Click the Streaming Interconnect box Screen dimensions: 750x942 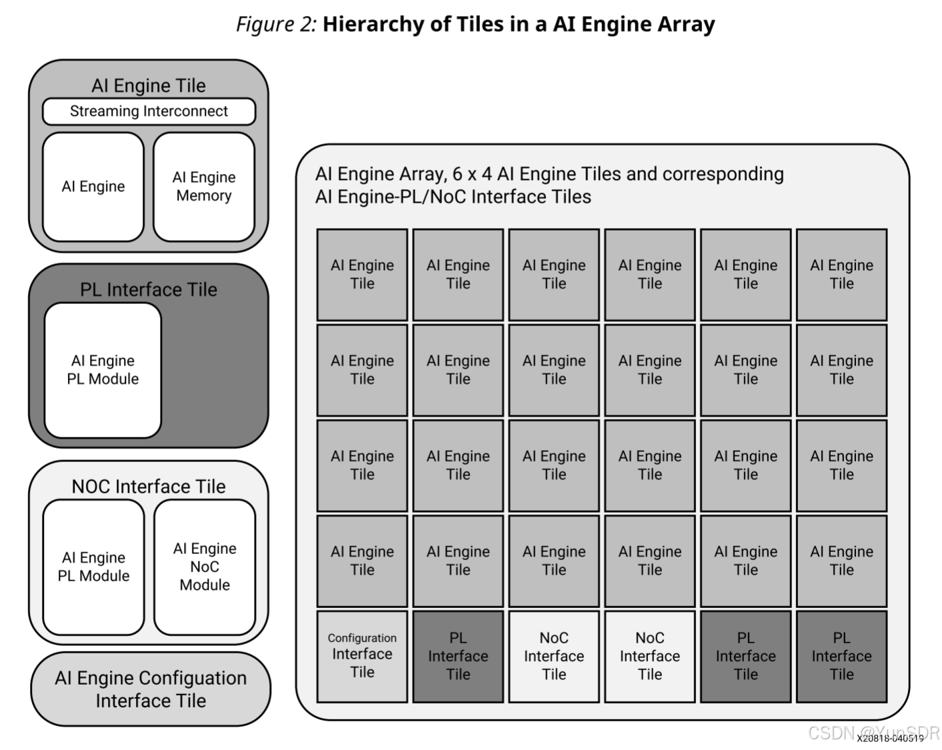coord(149,111)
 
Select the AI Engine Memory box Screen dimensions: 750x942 coord(203,187)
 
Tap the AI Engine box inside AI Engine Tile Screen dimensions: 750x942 coord(93,187)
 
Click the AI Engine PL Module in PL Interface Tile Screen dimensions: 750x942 coord(103,370)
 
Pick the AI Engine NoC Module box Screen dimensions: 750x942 coord(205,567)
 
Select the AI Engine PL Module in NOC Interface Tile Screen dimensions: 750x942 coord(93,567)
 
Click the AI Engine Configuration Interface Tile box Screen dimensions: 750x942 coord(151,689)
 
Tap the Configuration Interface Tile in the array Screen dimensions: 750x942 coord(362,656)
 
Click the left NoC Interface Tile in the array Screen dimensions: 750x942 coord(554,656)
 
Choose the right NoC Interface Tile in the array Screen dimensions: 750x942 coord(650,656)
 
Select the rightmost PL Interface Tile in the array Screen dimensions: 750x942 coord(841,656)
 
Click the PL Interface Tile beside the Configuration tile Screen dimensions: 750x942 coord(458,656)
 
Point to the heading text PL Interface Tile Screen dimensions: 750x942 coord(149,290)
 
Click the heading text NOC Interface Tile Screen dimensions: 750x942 coord(149,487)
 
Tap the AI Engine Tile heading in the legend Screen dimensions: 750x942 coord(149,86)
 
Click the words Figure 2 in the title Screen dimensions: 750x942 coord(275,25)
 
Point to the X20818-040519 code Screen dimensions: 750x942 coord(890,738)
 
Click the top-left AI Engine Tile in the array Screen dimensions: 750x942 coord(362,275)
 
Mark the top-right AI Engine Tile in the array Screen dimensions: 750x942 coord(841,275)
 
